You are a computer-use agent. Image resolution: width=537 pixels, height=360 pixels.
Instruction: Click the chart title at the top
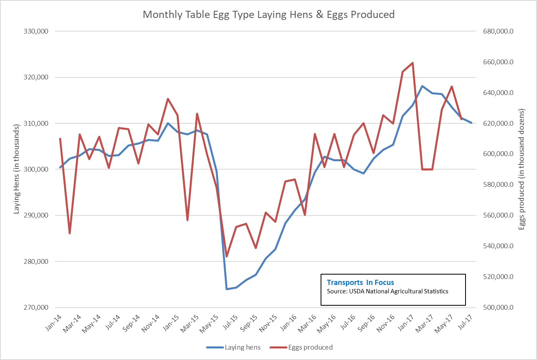[268, 15]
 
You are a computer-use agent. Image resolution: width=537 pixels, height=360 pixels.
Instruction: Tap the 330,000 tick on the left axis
[37, 31]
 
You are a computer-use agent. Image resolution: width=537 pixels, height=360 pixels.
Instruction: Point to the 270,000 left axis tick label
[37, 308]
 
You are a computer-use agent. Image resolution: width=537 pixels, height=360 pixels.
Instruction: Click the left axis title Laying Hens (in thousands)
[17, 169]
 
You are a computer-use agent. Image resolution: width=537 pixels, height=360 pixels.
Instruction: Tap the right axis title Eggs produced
[521, 169]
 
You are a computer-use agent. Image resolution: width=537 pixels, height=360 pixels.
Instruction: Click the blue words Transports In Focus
[360, 283]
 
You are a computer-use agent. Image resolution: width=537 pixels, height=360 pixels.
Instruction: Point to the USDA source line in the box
[387, 291]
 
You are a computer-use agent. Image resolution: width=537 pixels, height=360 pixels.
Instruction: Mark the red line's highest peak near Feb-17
[412, 63]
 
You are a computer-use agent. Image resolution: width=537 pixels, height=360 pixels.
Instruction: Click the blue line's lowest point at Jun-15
[227, 289]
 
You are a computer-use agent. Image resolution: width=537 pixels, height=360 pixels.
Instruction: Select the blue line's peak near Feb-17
[422, 86]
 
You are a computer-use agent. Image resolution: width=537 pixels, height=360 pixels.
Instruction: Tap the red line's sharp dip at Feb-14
[70, 233]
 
